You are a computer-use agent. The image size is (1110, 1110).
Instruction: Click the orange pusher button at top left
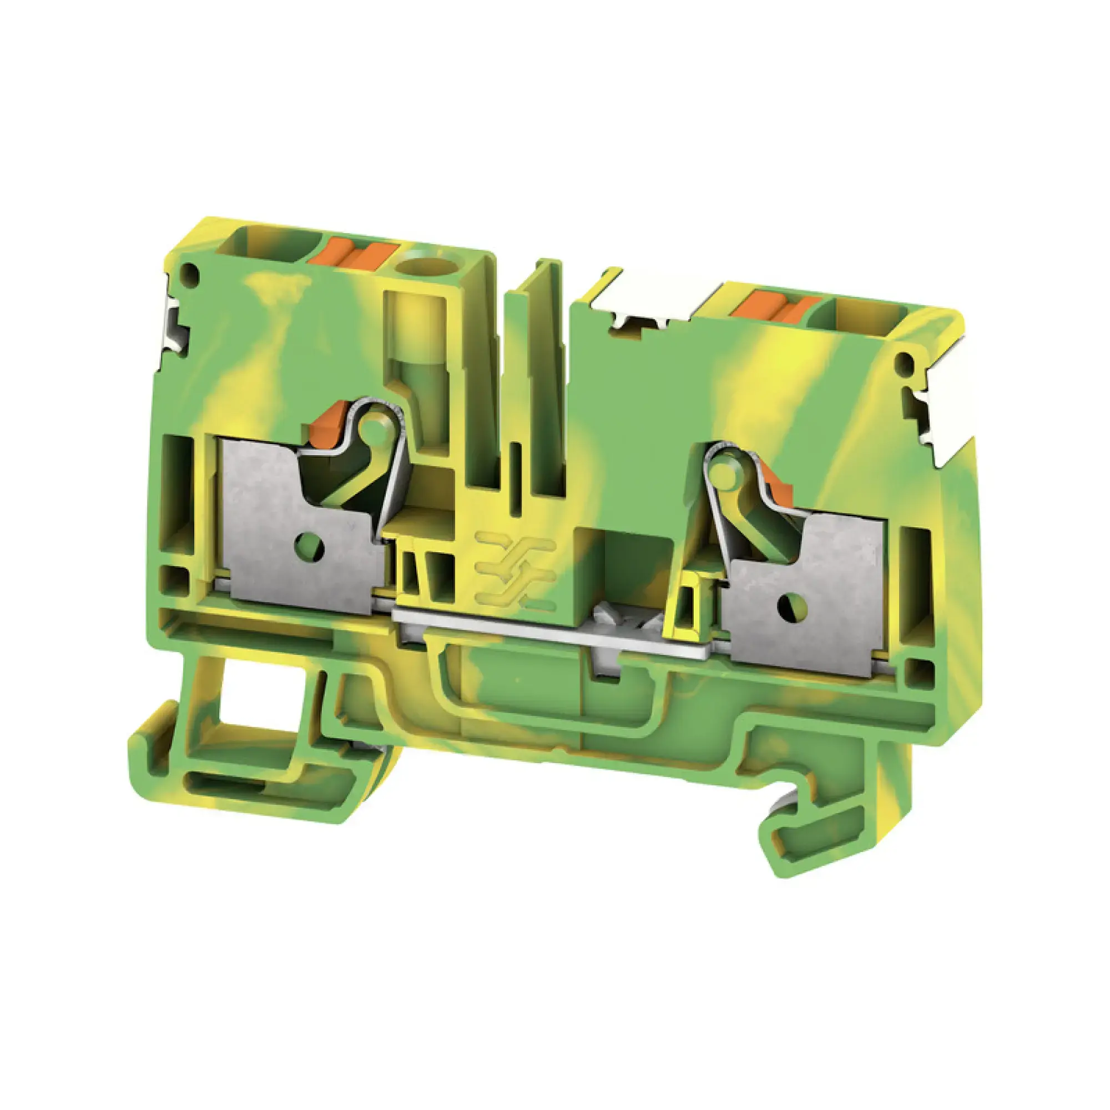(353, 255)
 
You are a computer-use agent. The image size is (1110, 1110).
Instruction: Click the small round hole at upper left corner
(190, 275)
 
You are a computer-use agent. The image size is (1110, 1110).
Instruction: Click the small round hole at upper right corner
(904, 362)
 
